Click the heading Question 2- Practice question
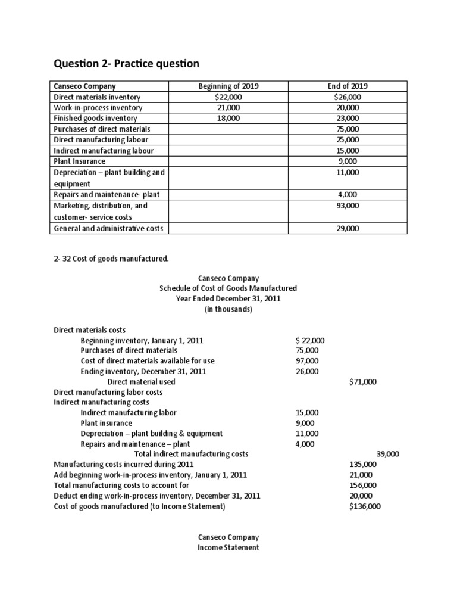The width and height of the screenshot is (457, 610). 127,63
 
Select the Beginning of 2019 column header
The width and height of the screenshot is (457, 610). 228,86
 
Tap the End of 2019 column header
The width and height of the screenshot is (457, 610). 347,86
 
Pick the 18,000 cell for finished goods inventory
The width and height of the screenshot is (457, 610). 228,119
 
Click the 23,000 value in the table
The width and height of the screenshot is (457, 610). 347,119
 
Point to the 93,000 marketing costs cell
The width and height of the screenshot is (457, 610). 347,206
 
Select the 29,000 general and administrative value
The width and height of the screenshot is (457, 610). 347,228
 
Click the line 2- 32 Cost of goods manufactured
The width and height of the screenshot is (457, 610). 111,258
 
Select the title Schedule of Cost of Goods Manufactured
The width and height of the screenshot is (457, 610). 228,288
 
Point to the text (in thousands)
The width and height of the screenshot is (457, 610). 228,310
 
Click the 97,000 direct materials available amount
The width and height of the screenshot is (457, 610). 306,361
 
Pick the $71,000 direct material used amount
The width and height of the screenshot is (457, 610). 362,382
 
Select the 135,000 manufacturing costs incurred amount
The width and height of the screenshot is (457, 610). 363,464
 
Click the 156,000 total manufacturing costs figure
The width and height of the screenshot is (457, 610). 363,485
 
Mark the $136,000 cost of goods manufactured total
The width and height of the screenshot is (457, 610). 365,507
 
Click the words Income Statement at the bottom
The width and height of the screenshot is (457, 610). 228,547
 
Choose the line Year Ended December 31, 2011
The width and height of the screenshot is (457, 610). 228,299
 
